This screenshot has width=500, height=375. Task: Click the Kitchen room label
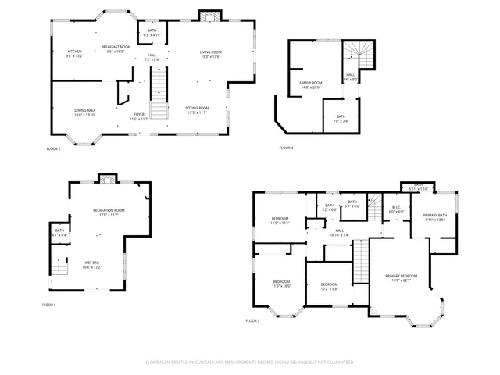(74, 51)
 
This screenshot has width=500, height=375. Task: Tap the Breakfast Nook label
(113, 48)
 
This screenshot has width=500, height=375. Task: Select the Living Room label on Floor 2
(211, 52)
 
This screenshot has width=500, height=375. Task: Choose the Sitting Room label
(197, 108)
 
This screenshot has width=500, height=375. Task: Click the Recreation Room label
(109, 210)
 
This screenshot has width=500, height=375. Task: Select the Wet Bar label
(92, 262)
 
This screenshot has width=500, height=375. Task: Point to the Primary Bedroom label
(401, 276)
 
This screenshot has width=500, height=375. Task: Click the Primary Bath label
(435, 215)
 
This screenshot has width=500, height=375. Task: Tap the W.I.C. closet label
(397, 209)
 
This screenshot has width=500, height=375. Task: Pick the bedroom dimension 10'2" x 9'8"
(329, 288)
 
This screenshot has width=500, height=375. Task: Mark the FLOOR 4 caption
(287, 148)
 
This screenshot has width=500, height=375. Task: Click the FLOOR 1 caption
(49, 305)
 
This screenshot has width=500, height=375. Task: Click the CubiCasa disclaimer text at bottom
(250, 362)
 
